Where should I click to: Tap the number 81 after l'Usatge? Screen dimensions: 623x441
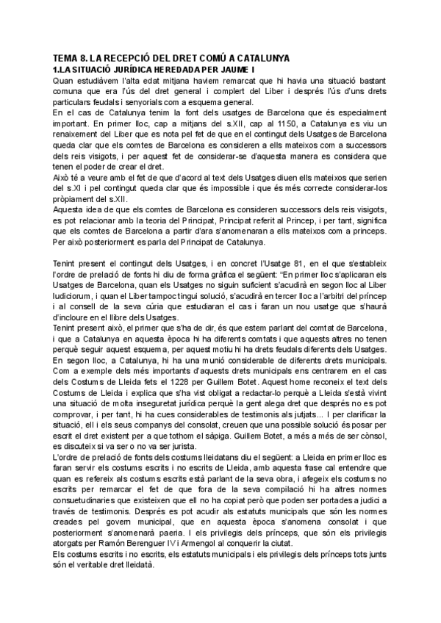[276, 262]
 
